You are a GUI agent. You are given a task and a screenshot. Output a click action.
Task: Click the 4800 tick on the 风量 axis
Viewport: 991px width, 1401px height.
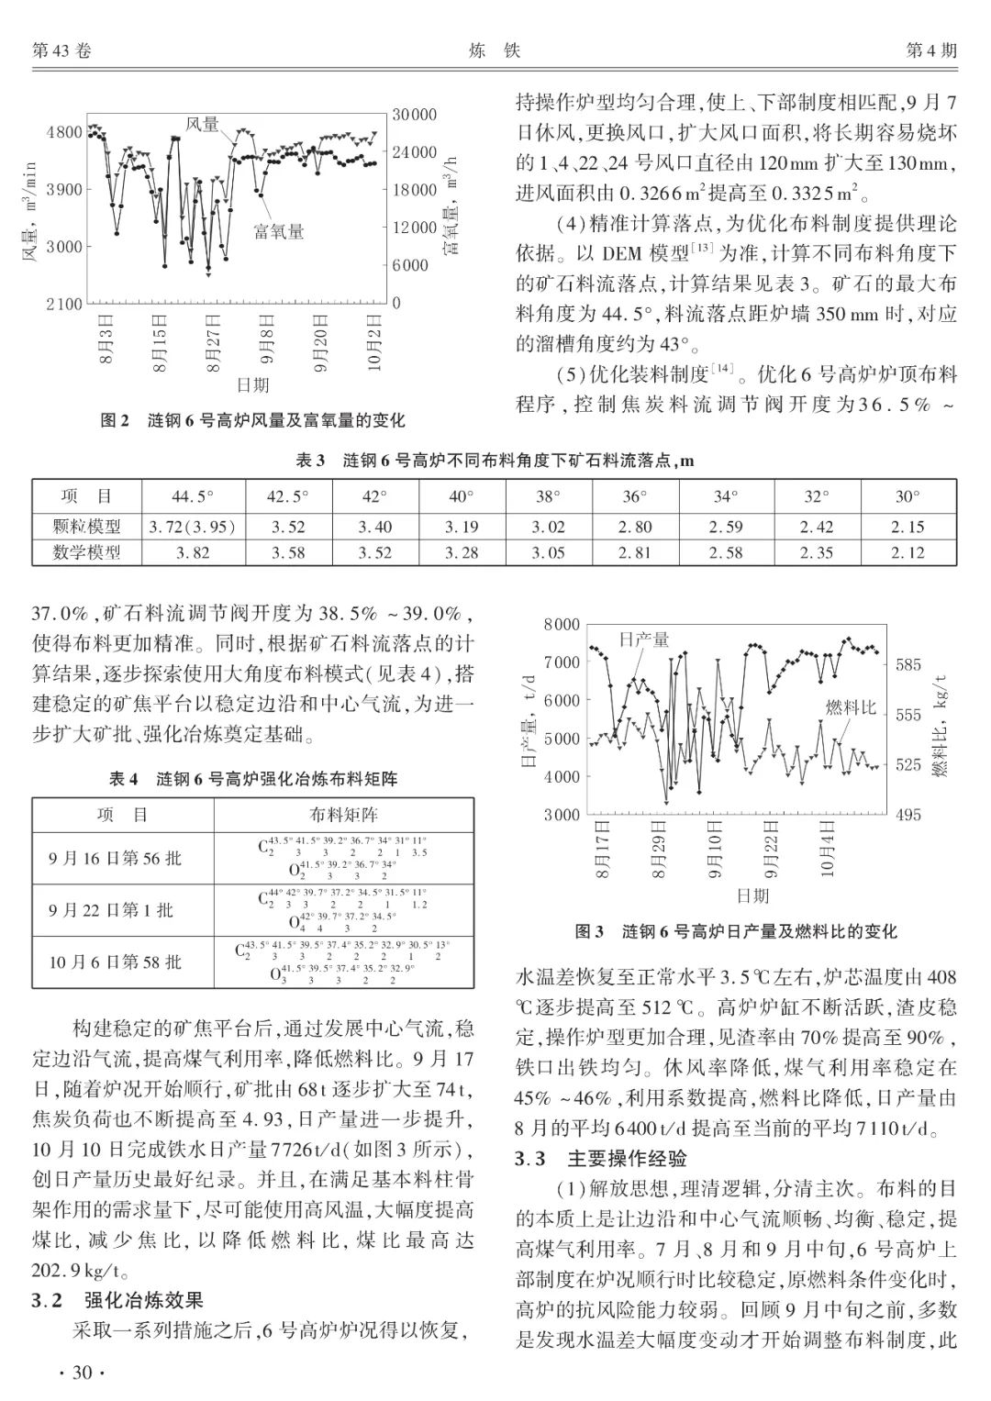[64, 132]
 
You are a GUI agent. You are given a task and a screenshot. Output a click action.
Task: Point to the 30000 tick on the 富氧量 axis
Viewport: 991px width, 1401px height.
[414, 115]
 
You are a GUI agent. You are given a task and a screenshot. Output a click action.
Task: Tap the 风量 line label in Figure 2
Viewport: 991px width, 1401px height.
[203, 123]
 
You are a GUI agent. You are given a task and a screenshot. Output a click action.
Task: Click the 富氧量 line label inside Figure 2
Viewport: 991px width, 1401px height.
[279, 231]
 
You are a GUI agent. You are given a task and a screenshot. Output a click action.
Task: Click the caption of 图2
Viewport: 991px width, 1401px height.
[252, 420]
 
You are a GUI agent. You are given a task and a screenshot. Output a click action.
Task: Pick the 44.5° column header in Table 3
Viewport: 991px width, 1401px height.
[193, 496]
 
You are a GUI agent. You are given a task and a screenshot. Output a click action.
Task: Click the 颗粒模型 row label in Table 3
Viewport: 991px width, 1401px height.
[88, 527]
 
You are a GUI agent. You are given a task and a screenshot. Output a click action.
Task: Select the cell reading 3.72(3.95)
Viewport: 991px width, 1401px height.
[193, 527]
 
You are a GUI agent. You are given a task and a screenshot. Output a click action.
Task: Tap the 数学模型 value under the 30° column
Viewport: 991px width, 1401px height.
[907, 552]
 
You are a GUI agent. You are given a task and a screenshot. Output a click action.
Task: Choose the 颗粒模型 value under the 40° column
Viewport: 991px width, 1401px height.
[462, 527]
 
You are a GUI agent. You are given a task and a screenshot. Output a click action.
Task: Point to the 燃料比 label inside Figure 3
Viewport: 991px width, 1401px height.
[851, 706]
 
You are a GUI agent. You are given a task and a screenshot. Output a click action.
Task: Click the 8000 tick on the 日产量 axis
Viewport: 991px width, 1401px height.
[562, 625]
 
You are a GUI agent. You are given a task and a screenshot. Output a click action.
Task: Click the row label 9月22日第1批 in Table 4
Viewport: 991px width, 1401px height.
[111, 910]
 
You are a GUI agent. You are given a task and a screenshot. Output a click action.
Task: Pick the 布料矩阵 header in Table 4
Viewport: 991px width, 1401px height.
[343, 815]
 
